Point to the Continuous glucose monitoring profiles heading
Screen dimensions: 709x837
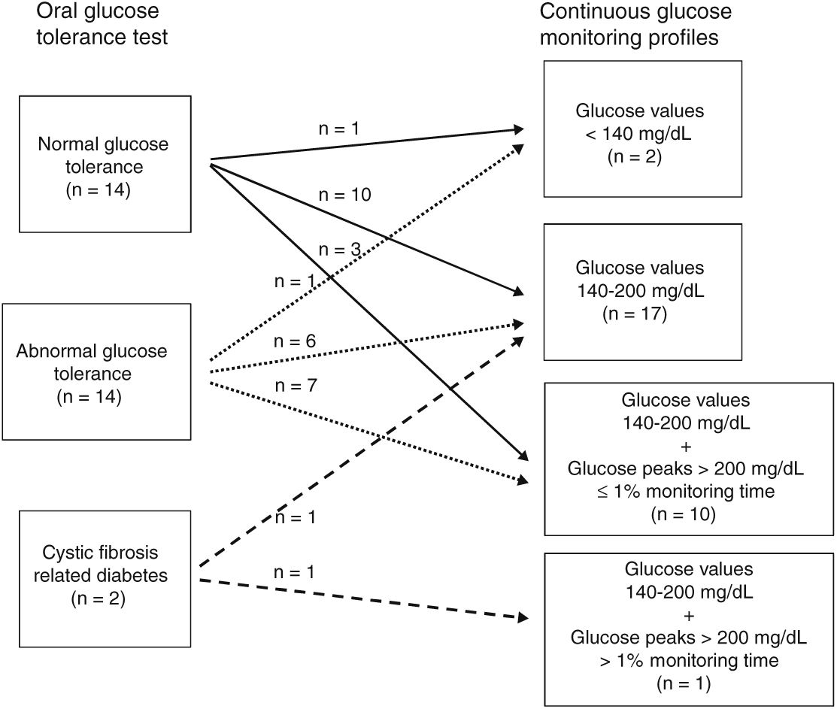click(x=635, y=25)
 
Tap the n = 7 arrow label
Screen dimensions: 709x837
click(x=296, y=386)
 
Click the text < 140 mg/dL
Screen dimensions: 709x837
click(x=640, y=135)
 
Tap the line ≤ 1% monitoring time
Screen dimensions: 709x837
click(x=687, y=492)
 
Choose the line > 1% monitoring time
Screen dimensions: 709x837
click(x=687, y=661)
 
